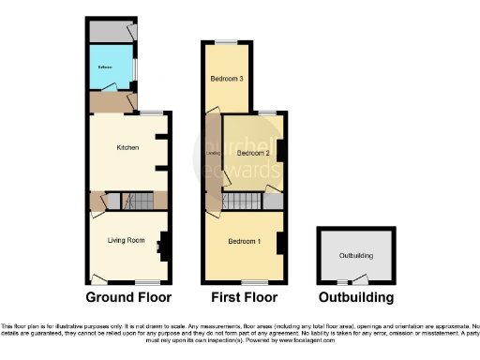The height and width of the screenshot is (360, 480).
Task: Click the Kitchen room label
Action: click(127, 148)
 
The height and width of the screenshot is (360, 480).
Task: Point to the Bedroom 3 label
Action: click(227, 79)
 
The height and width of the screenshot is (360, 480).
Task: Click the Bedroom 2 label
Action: click(252, 153)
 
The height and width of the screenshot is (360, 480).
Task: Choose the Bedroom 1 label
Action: click(246, 242)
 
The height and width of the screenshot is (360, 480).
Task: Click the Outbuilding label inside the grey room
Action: click(355, 254)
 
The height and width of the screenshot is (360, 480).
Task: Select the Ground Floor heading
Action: click(128, 298)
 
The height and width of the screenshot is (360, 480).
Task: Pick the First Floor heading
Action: click(244, 298)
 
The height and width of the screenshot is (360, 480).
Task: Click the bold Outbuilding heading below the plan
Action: click(356, 298)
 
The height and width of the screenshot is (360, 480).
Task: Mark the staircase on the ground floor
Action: click(139, 201)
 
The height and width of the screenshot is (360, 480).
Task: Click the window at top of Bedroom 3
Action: click(226, 41)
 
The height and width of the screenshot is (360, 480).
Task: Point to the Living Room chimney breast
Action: click(164, 245)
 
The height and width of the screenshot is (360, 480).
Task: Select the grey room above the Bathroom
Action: click(110, 31)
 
